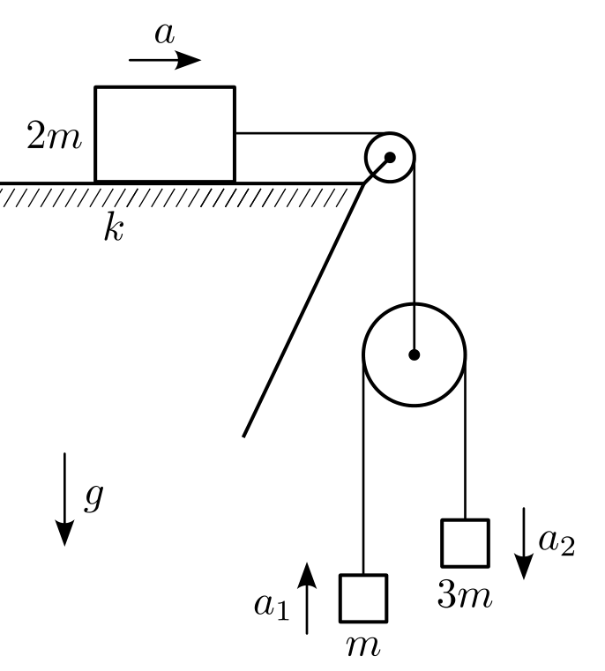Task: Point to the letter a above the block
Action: (165, 34)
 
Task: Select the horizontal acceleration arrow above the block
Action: (165, 60)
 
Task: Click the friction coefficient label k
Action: (114, 227)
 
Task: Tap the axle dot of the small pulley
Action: (390, 158)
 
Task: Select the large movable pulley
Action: (363, 354)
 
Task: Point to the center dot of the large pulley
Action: (414, 354)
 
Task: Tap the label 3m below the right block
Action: (465, 596)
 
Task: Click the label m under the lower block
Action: (363, 646)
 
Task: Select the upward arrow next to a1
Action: (307, 598)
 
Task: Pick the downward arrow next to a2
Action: (524, 543)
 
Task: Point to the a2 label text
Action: (556, 542)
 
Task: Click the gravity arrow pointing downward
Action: (64, 499)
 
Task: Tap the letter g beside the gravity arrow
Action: (93, 497)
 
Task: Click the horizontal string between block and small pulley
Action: (312, 133)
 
